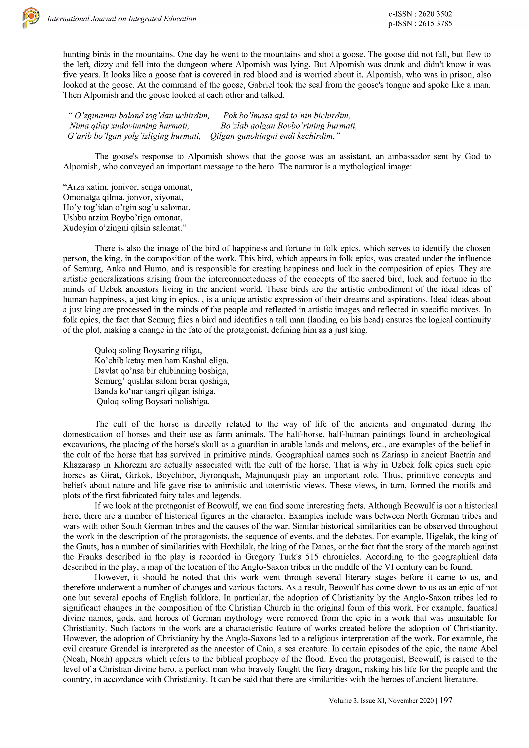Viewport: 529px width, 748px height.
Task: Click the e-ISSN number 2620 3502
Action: pyautogui.click(x=433, y=14)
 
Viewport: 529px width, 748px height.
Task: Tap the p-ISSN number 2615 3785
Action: pyautogui.click(x=433, y=23)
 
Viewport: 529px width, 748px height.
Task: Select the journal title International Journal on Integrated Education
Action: pyautogui.click(x=122, y=19)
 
